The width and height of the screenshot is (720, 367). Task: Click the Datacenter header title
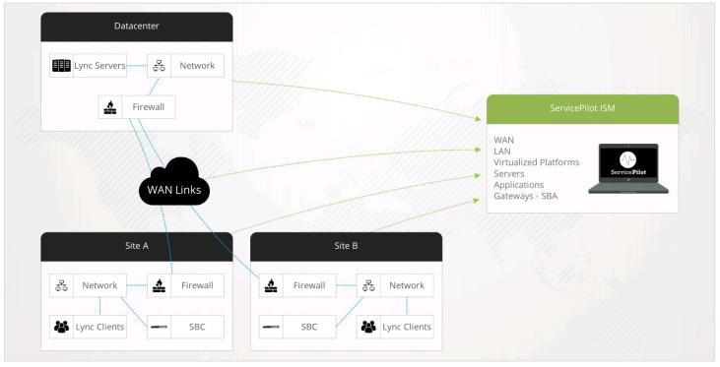coord(136,25)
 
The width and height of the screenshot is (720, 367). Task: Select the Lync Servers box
coord(89,66)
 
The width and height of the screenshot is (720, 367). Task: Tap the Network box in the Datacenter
coord(186,66)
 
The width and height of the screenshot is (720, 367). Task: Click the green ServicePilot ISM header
coord(583,108)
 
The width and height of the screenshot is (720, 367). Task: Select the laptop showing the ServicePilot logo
coord(627,168)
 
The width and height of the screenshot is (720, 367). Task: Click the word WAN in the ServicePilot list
coord(504,140)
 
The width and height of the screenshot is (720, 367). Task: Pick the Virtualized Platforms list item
coord(536,161)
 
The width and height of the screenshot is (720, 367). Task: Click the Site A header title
coord(136,246)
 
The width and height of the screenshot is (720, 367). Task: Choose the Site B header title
coord(346,246)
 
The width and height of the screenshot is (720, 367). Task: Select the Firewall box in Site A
coord(186,286)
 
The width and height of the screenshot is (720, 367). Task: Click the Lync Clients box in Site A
coord(88,326)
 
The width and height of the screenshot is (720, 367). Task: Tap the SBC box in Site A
coord(186,326)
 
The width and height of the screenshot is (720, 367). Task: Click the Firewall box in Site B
coord(297,286)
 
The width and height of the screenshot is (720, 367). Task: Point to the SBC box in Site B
coord(297,326)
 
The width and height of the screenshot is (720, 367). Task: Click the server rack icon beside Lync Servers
coord(61,66)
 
